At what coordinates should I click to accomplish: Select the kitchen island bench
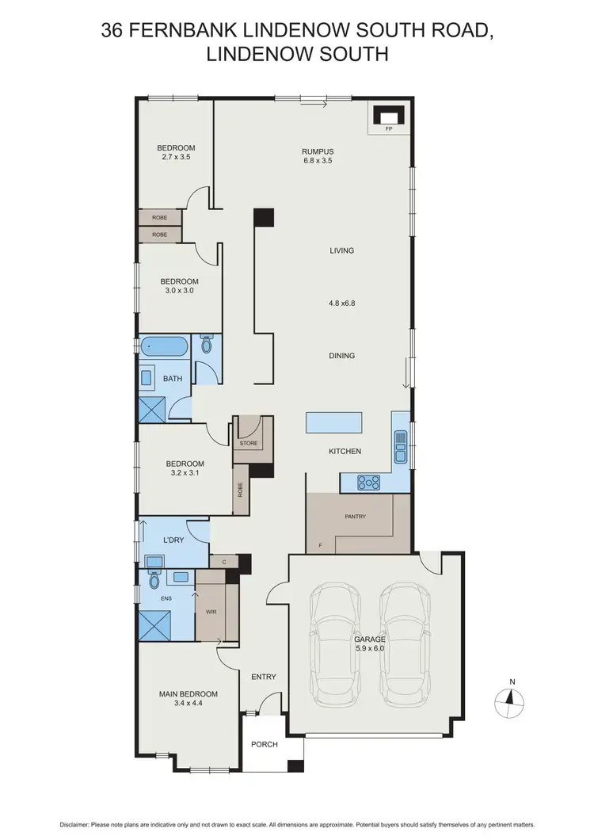point(334,422)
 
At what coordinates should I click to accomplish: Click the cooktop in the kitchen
point(369,481)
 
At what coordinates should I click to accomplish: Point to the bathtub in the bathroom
point(165,346)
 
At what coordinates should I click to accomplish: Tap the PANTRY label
point(355,517)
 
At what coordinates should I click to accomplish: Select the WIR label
point(211,613)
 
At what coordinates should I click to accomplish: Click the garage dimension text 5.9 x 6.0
point(370,649)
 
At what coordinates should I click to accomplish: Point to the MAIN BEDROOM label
point(188,694)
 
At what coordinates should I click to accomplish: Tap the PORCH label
point(263,745)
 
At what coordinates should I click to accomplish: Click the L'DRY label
point(173,539)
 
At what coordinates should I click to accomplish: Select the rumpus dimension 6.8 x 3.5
point(317,161)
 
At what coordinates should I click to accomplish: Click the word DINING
point(341,356)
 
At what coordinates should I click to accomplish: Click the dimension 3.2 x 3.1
point(185,474)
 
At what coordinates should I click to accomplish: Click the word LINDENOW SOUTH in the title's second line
point(298,55)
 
